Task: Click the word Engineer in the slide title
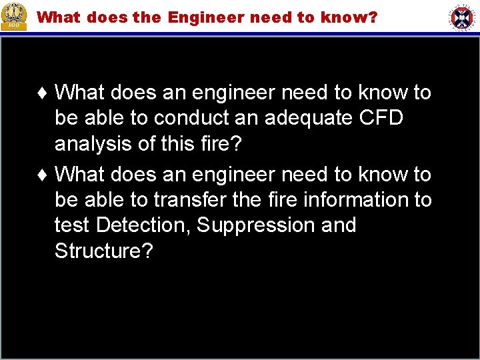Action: click(x=207, y=17)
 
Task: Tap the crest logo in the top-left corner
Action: click(x=14, y=16)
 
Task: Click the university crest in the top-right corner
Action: click(x=462, y=17)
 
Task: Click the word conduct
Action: click(x=194, y=118)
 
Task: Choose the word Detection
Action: click(x=143, y=225)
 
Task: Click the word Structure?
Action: click(x=104, y=251)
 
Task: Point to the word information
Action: click(x=343, y=200)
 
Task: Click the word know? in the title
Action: click(x=351, y=17)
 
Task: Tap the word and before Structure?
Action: click(x=338, y=225)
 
